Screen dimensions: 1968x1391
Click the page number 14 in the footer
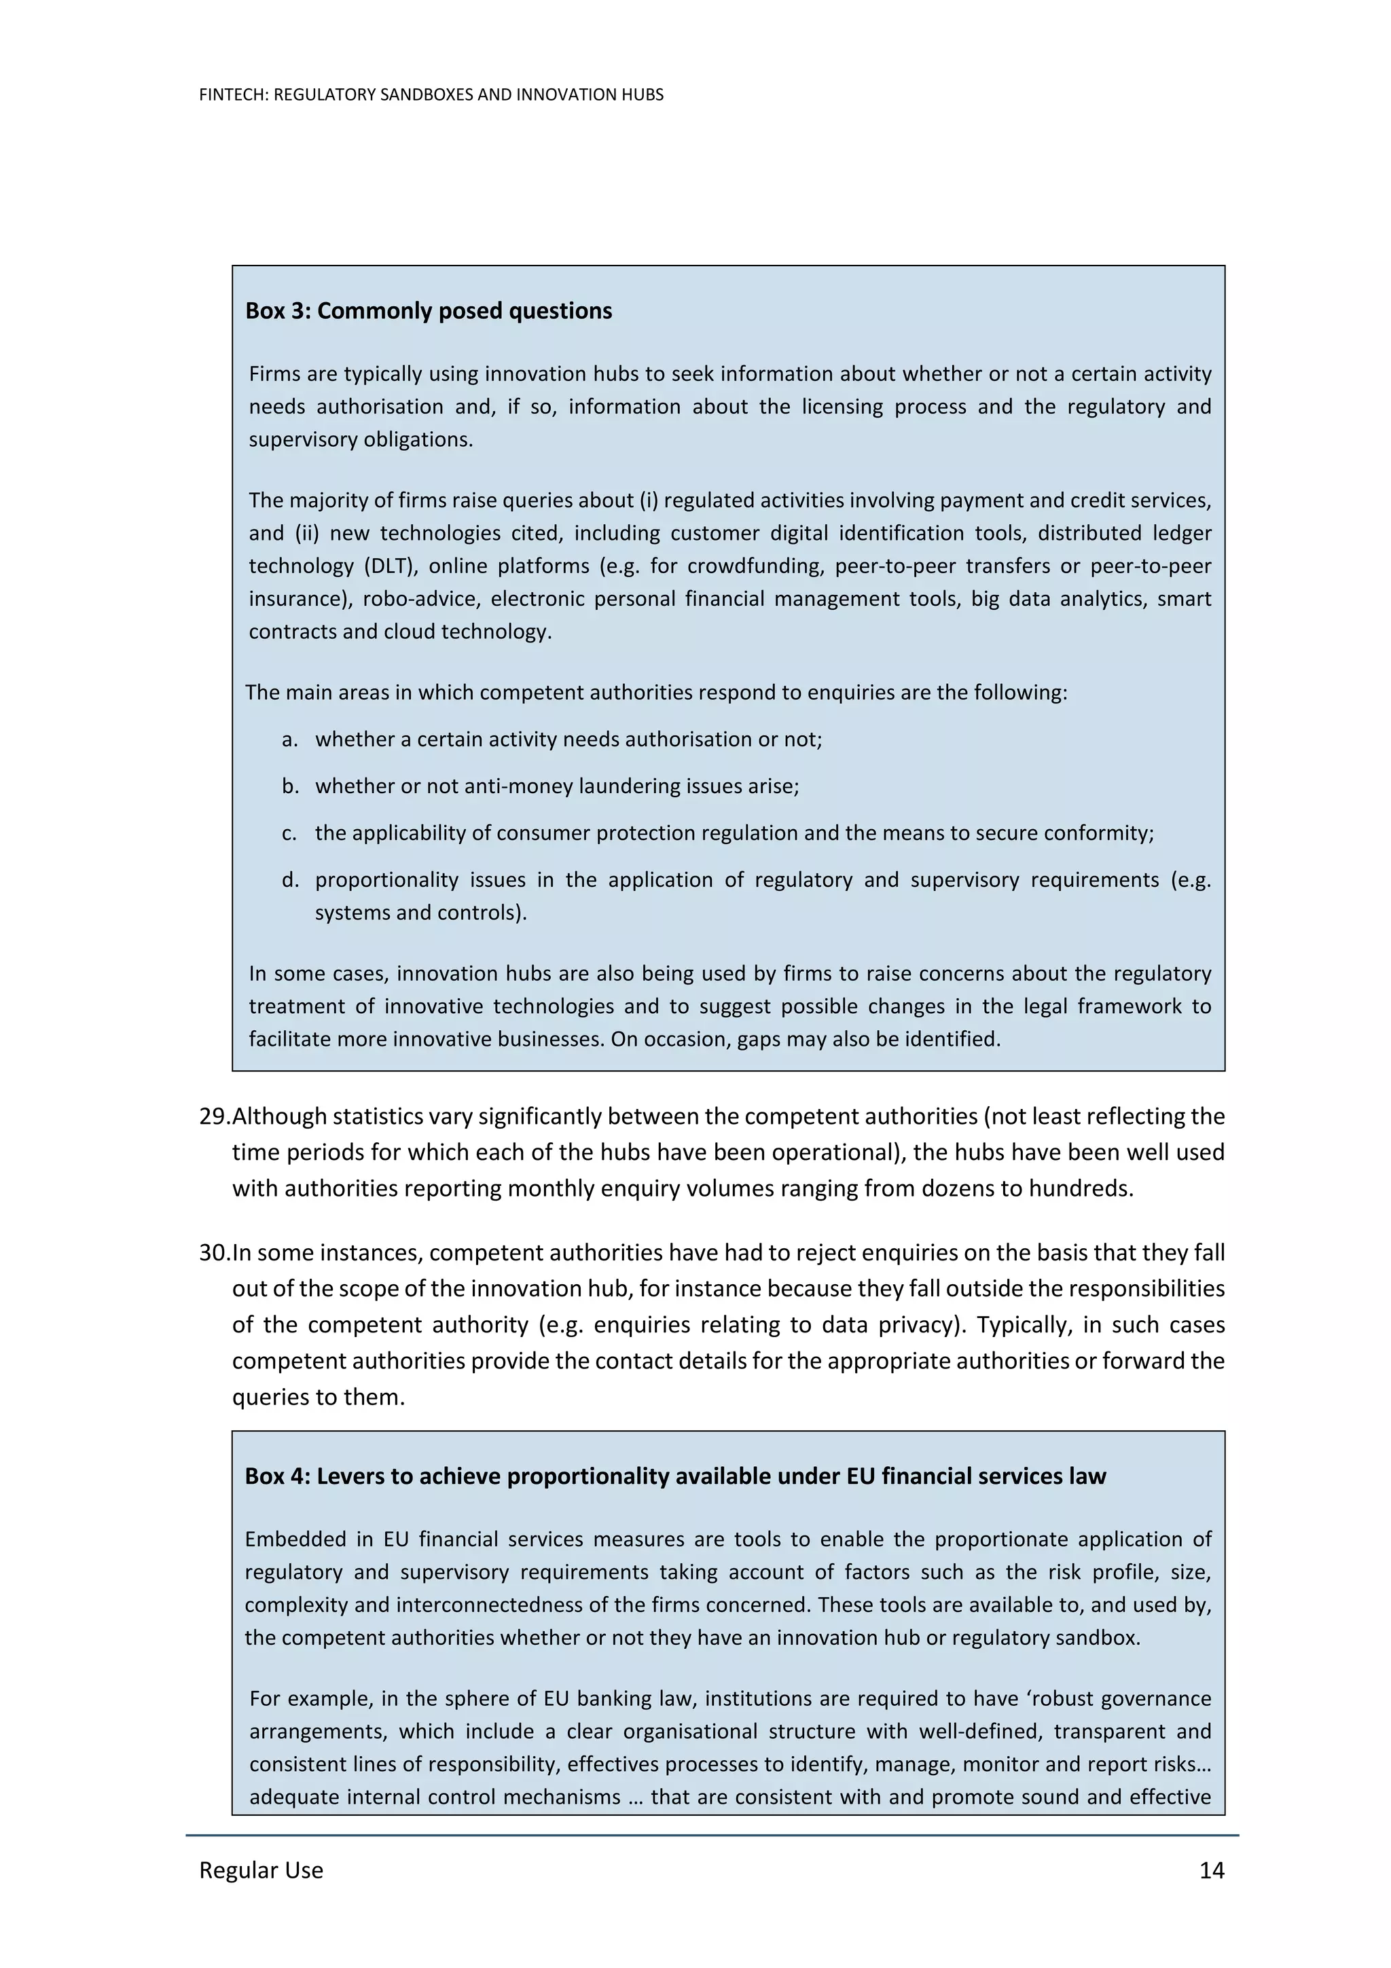pos(1211,1870)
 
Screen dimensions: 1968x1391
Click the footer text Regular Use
pos(261,1870)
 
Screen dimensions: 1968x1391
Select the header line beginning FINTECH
pos(431,95)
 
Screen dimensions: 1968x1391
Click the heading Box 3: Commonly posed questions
pos(429,310)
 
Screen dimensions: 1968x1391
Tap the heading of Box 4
pos(675,1476)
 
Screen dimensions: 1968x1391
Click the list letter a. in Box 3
pos(290,739)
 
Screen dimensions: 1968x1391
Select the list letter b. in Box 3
pos(290,786)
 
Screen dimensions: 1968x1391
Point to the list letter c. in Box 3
pos(290,833)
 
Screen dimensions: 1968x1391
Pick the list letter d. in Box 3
pos(290,879)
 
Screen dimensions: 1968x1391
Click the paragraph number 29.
pos(214,1116)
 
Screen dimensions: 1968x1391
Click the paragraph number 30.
pos(214,1252)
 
